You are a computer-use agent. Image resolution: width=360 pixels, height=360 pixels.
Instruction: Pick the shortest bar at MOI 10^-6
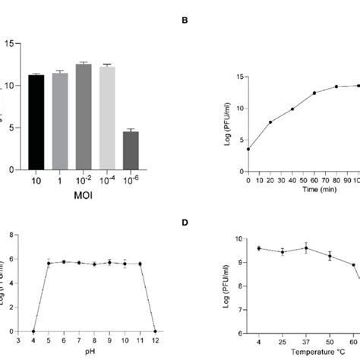(x=131, y=150)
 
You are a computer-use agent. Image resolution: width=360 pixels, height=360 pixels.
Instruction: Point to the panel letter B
(x=184, y=44)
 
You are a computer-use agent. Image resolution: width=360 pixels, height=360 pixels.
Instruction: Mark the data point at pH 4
(x=33, y=331)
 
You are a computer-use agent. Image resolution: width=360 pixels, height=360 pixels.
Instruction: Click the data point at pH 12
(x=156, y=331)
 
